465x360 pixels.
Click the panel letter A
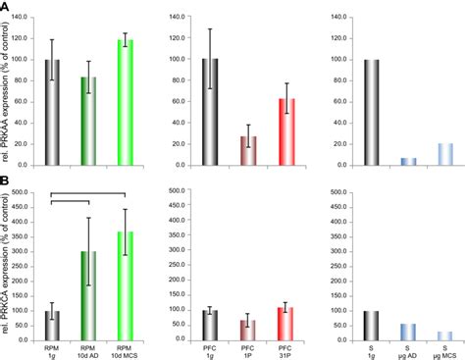coord(5,7)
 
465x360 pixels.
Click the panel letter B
coord(5,182)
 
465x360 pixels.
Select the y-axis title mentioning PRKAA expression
coord(10,93)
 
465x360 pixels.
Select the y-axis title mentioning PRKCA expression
coord(10,265)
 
